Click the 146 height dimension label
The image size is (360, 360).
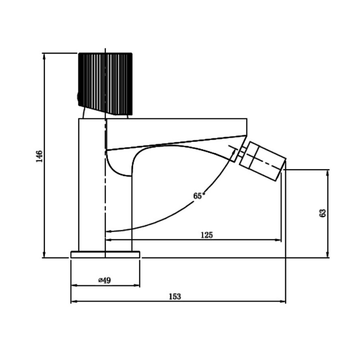click(39, 156)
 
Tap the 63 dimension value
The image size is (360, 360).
click(322, 213)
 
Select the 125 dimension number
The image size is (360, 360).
click(207, 235)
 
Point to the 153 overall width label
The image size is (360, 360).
click(175, 297)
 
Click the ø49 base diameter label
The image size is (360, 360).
click(104, 280)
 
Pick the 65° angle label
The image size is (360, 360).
click(199, 196)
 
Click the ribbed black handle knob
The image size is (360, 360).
click(105, 84)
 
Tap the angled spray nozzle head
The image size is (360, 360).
click(263, 161)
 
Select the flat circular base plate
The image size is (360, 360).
click(105, 255)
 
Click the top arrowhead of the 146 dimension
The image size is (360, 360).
click(44, 55)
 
